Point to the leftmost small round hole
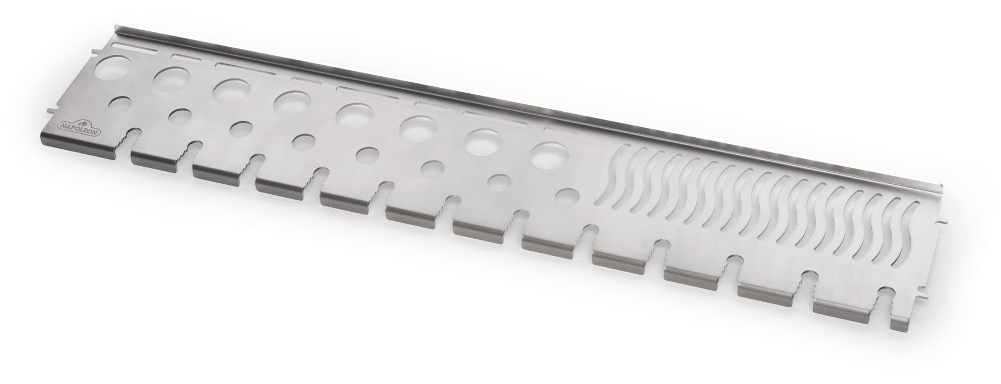122,104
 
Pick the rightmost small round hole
568,196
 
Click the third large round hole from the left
231,91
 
